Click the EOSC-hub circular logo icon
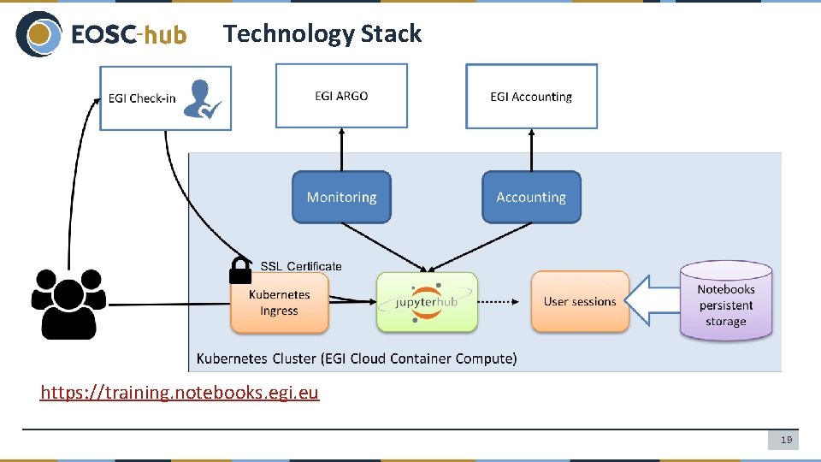(x=38, y=34)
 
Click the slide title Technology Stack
(x=322, y=33)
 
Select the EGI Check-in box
(x=142, y=98)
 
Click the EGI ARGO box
(x=341, y=96)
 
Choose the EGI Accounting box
(x=531, y=97)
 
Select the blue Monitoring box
(x=341, y=197)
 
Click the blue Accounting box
(x=531, y=197)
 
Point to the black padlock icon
(x=240, y=270)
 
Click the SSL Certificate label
(x=300, y=266)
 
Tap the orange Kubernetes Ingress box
(x=280, y=303)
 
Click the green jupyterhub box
(x=427, y=302)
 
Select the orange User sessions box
(x=580, y=302)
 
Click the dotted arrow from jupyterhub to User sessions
(x=504, y=301)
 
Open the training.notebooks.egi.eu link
(x=180, y=393)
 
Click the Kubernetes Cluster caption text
(x=357, y=358)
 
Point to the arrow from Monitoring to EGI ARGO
(x=341, y=150)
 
